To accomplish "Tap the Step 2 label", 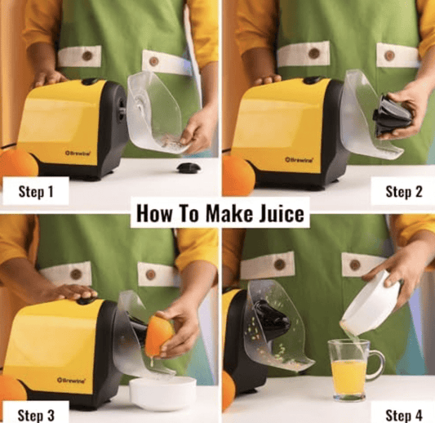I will click(x=402, y=192).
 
